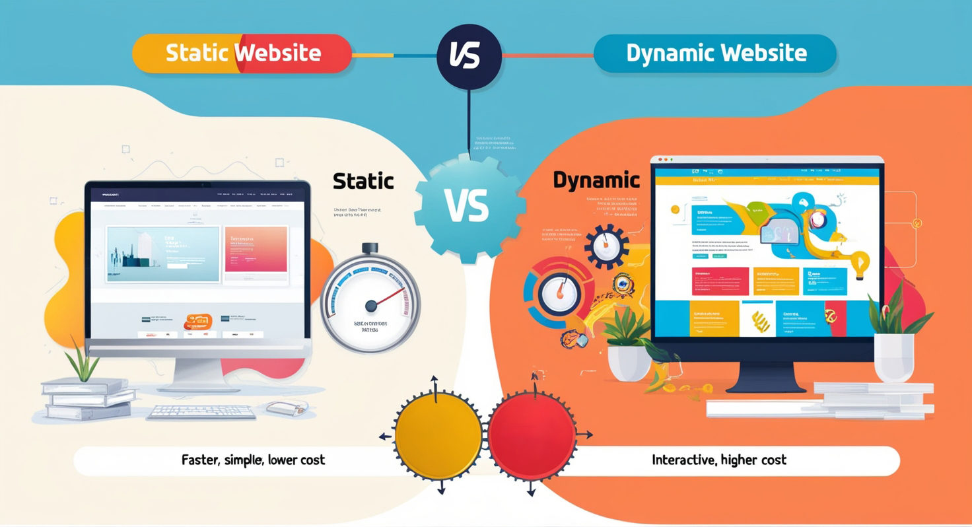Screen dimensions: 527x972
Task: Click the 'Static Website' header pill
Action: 242,53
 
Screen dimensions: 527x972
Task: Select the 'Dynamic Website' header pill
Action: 716,53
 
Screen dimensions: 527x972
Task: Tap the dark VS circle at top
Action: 469,56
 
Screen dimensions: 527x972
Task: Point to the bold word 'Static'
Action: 363,181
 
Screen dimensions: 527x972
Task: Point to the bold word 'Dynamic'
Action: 596,180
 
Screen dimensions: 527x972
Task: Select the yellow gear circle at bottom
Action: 438,437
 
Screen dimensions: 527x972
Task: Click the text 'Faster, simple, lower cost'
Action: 253,460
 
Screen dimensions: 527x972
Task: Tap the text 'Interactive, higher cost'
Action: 719,460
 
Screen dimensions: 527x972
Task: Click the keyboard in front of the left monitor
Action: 201,413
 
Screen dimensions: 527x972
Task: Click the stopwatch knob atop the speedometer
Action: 370,248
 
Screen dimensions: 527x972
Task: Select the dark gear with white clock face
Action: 606,246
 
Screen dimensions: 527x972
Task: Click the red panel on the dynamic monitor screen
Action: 720,281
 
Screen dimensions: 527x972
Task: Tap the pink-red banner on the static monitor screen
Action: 256,249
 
